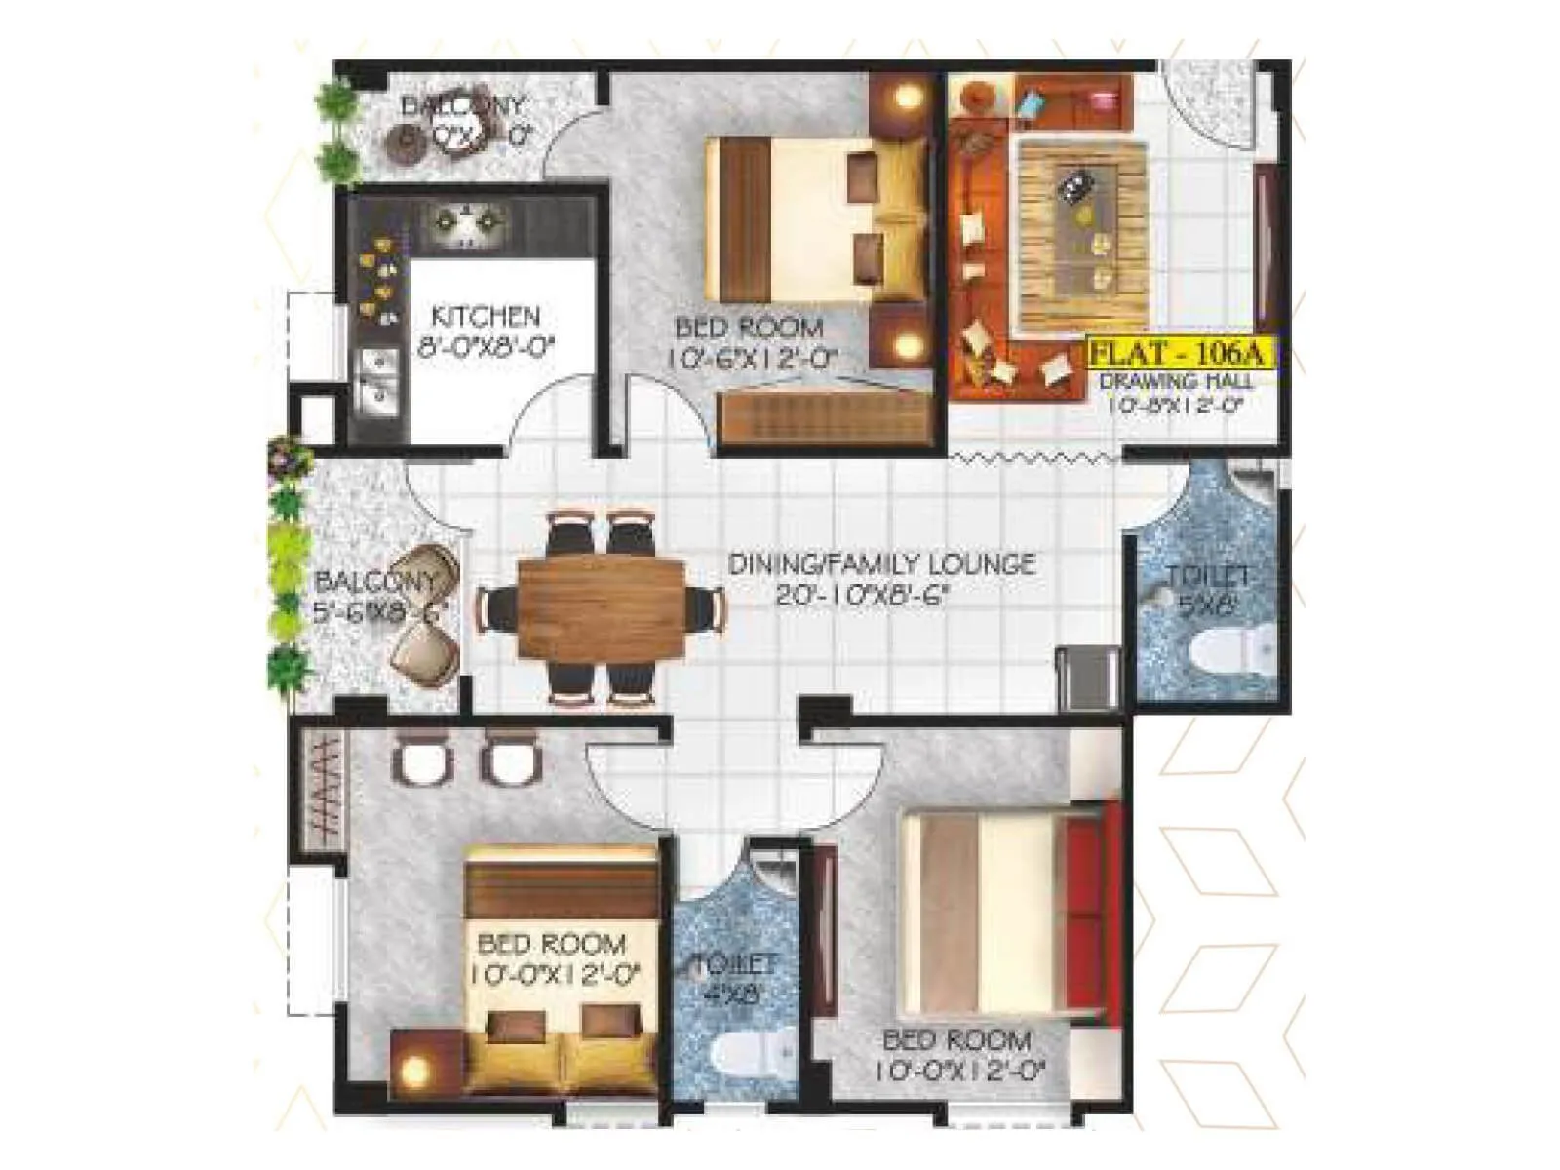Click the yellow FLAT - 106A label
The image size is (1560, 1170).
tap(1179, 352)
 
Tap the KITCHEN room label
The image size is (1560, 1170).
tap(485, 317)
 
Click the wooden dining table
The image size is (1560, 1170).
tap(602, 610)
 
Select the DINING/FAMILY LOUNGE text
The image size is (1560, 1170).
tap(881, 564)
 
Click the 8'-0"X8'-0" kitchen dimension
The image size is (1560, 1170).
tap(485, 348)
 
